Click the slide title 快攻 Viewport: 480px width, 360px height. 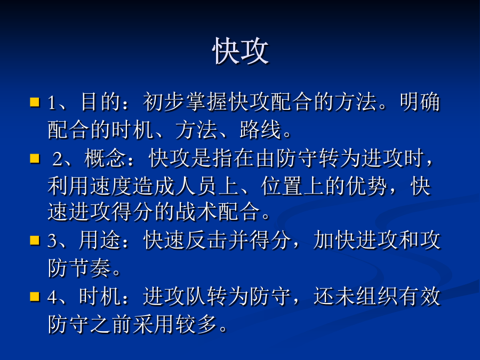[241, 51]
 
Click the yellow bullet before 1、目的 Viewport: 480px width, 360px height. [35, 102]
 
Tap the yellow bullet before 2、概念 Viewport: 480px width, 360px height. [35, 158]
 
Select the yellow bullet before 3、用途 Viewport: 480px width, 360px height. [35, 241]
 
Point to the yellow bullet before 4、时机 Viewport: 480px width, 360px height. [35, 297]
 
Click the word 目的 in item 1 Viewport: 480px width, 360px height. [101, 102]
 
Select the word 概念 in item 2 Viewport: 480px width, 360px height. [105, 158]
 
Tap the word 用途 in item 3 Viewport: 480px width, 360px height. [100, 241]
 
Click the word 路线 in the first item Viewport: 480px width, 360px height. [260, 130]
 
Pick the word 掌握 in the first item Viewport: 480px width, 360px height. [207, 102]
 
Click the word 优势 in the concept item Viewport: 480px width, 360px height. [367, 186]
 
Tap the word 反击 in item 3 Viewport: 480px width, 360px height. [207, 241]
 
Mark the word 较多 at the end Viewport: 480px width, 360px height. [196, 324]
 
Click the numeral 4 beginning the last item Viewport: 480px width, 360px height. [52, 297]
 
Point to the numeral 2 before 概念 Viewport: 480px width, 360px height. [57, 159]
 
